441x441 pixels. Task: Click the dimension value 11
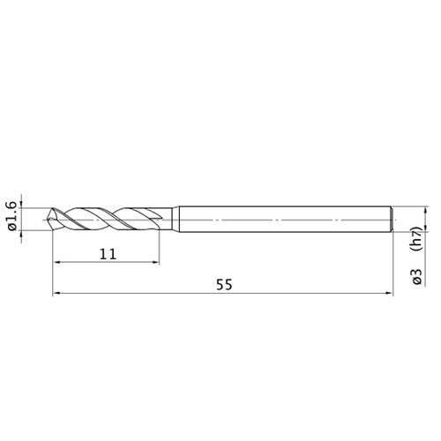coord(108,254)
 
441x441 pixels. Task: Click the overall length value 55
coord(224,285)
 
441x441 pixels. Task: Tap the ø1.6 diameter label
coord(11,216)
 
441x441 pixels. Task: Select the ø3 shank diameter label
coord(417,277)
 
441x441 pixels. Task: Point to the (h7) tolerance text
coord(417,239)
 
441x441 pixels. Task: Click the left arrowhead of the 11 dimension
coord(56,262)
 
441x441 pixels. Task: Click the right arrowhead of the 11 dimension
coord(156,262)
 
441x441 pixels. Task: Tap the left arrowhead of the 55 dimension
coord(56,293)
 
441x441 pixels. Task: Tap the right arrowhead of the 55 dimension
coord(390,293)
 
